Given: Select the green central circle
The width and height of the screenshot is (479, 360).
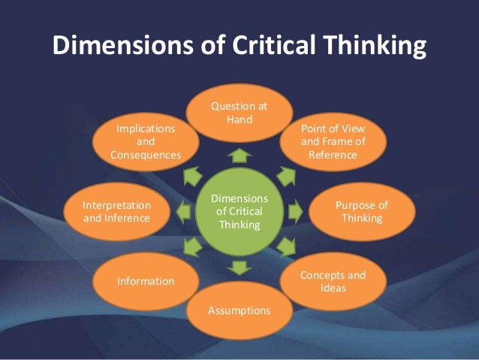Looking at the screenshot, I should tap(238, 211).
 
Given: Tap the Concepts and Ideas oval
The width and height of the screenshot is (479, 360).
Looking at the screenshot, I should tap(333, 282).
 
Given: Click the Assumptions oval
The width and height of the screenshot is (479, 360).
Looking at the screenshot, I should tap(238, 309).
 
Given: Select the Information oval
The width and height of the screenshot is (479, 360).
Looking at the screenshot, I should tap(145, 281).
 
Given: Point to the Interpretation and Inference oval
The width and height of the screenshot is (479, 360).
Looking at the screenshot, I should tap(116, 211).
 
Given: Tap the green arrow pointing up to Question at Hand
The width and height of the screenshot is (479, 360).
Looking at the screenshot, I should tap(239, 156).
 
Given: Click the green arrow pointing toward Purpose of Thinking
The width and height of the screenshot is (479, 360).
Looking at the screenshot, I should tap(295, 211).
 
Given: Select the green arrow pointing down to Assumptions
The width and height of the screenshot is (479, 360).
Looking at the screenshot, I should tap(239, 267).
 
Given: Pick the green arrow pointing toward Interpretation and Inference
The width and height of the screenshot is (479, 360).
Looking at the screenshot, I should tap(182, 211).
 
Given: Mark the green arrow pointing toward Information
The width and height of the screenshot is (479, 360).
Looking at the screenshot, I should tap(196, 247).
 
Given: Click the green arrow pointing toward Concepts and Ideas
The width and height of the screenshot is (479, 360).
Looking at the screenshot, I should tap(284, 247).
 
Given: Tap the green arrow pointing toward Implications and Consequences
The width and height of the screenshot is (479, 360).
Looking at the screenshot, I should tap(197, 176).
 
